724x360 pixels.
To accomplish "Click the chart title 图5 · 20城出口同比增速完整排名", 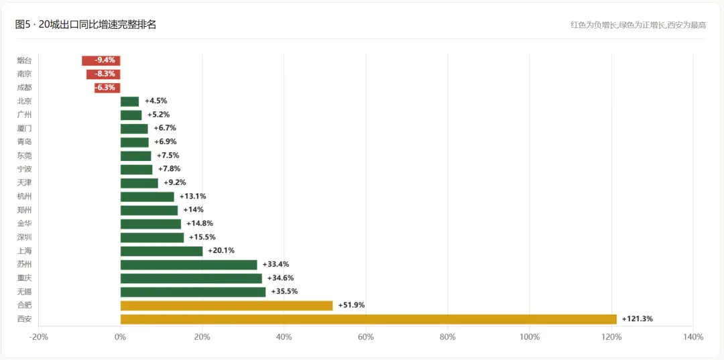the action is coord(85,25).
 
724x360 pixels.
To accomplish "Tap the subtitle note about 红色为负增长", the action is coord(638,25).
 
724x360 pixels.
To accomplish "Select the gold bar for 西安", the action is coord(369,319).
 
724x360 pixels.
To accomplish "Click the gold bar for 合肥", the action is coord(227,306).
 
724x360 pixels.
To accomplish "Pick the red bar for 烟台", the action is coord(101,60).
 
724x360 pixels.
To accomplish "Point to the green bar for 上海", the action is coord(162,251).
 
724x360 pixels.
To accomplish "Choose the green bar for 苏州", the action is coord(189,264).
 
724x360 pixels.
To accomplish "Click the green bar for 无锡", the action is coord(193,292).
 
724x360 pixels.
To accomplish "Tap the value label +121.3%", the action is coord(638,319).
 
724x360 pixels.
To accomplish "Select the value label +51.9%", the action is coord(351,306).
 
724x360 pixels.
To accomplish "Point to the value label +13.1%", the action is coord(192,196).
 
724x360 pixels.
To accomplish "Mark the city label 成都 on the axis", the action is coord(25,88).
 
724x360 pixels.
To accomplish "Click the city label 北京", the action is coord(25,101).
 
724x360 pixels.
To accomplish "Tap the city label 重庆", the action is coord(25,278).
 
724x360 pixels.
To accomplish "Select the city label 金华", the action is coord(25,224).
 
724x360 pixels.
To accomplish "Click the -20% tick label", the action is coord(38,337).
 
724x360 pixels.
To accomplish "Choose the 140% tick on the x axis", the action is coord(693,337).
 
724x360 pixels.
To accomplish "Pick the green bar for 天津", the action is coord(139,183).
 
